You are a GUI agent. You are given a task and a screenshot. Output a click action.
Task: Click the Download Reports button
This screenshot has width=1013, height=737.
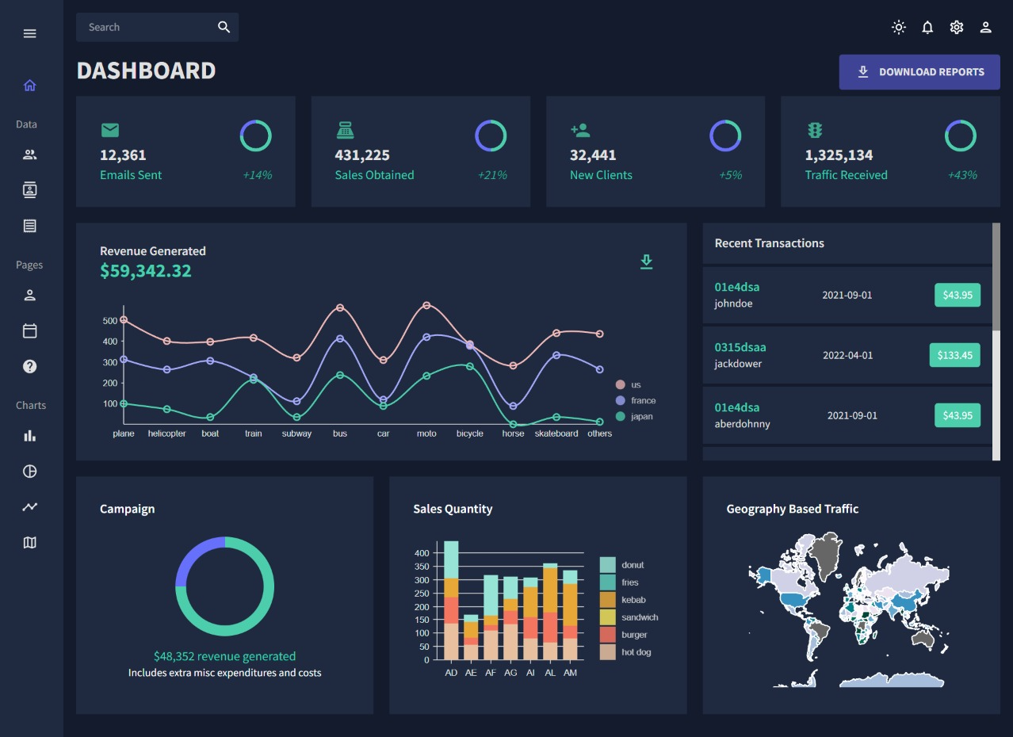(919, 72)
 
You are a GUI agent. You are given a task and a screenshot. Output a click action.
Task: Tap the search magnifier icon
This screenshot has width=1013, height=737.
(224, 28)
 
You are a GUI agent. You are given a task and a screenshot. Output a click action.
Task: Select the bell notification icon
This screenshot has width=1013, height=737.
(927, 28)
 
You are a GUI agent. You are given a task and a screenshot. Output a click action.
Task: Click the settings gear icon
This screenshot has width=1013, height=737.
(957, 28)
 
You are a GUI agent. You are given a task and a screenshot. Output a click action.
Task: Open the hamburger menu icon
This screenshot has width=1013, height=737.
(30, 33)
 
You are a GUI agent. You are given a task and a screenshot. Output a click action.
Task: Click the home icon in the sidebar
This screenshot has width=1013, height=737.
(30, 86)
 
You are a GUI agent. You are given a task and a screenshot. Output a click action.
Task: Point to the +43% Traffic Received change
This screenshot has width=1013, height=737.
(962, 175)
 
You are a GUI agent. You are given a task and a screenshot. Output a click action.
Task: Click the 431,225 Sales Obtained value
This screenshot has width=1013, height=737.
(362, 155)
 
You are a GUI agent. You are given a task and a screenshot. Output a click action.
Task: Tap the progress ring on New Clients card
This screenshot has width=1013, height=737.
(725, 136)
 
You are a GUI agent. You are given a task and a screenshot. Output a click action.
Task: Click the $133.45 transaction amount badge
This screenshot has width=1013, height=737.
(954, 355)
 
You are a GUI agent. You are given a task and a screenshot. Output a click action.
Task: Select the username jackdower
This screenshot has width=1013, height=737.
(738, 364)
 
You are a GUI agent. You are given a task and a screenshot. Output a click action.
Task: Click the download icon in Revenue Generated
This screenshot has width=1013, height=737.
(647, 262)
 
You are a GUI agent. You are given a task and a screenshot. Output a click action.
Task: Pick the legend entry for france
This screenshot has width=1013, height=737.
(643, 401)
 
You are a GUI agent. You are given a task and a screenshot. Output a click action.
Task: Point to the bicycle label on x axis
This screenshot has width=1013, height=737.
(470, 433)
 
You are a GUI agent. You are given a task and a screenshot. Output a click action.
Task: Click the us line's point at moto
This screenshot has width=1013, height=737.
(426, 305)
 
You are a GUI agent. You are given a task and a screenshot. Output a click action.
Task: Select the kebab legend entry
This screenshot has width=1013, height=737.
(633, 600)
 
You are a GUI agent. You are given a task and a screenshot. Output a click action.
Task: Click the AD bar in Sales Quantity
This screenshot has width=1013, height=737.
(451, 602)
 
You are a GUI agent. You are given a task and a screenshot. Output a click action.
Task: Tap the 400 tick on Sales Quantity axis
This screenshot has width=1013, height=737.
(422, 553)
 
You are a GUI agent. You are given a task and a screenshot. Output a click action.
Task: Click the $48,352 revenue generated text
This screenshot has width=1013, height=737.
(224, 656)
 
